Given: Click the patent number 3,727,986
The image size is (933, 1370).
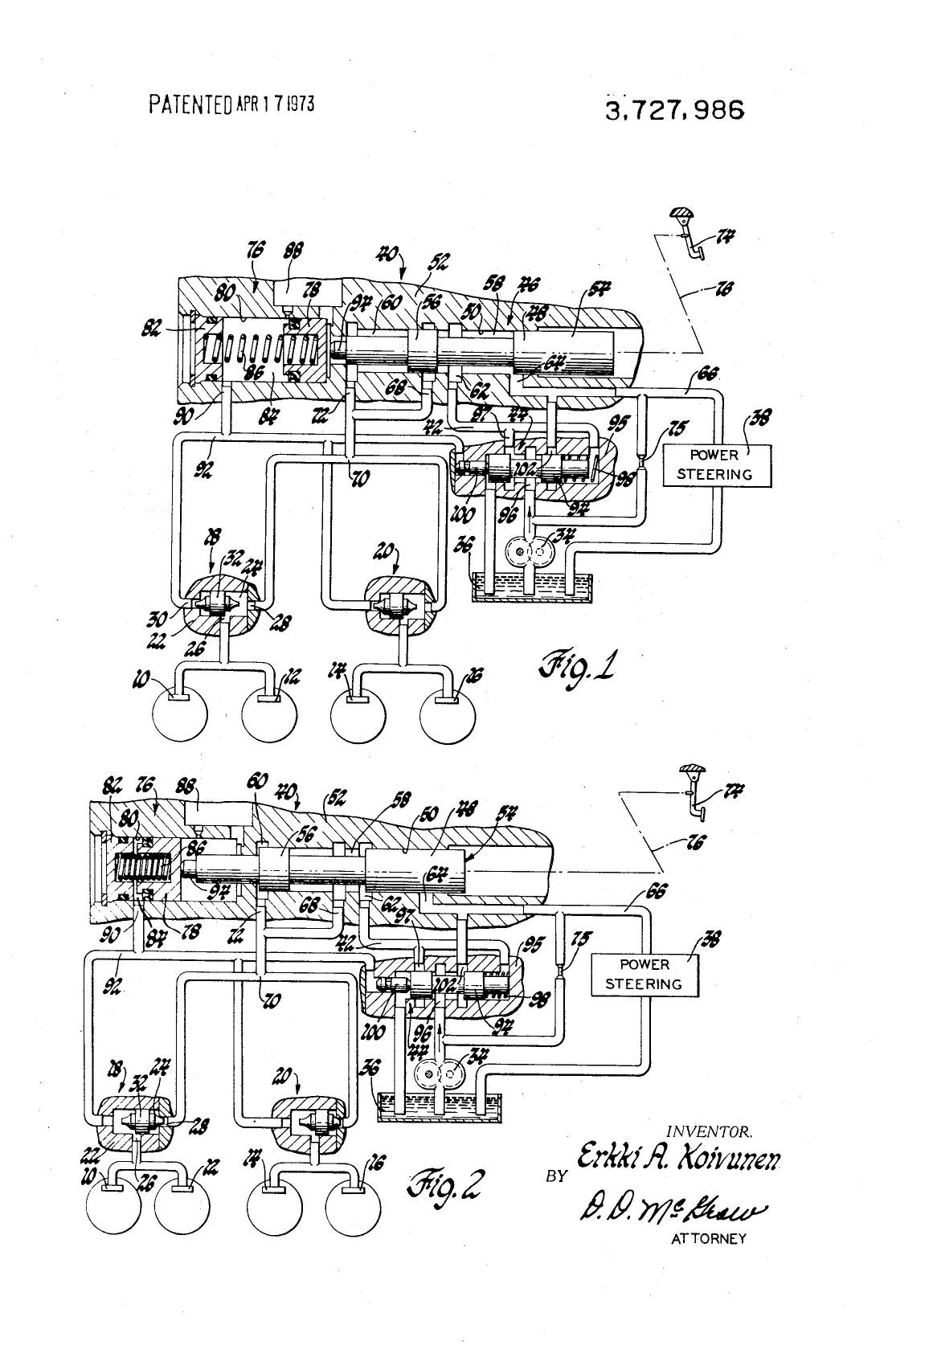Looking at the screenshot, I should click(x=675, y=109).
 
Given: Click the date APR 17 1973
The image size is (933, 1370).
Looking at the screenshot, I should click(x=274, y=104).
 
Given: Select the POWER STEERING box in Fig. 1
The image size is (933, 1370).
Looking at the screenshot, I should click(x=714, y=465).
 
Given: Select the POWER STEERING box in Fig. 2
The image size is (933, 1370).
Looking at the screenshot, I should click(x=645, y=974).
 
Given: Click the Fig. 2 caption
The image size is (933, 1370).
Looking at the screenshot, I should click(x=449, y=1183).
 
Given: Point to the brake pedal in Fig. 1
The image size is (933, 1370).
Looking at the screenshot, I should click(x=687, y=234).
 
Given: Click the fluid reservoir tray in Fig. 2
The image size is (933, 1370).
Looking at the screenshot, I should click(x=437, y=1106).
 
